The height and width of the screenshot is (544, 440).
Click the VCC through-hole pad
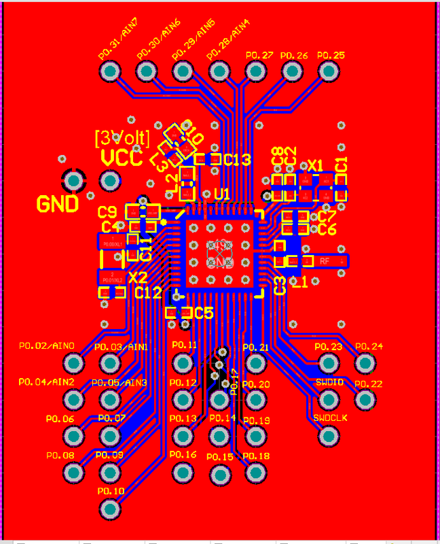pyautogui.click(x=110, y=181)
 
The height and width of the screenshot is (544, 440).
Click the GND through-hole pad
pyautogui.click(x=73, y=181)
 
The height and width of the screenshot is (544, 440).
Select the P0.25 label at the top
pyautogui.click(x=331, y=55)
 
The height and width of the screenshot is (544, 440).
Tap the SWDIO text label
pyautogui.click(x=329, y=382)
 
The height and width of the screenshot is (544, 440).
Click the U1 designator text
pyautogui.click(x=222, y=194)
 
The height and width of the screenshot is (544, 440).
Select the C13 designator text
pyautogui.click(x=238, y=160)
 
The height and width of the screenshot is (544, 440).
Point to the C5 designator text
pyautogui.click(x=204, y=313)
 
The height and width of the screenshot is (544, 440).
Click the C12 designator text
pyautogui.click(x=148, y=293)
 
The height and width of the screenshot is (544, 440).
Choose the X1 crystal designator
pyautogui.click(x=316, y=166)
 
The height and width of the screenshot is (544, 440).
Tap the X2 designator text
pyautogui.click(x=138, y=277)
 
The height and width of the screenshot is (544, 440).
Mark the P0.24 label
pyautogui.click(x=369, y=346)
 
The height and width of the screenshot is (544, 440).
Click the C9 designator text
pyautogui.click(x=107, y=211)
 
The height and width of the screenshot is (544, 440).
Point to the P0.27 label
pyautogui.click(x=259, y=55)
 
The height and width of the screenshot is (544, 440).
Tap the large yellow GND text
pyautogui.click(x=57, y=204)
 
